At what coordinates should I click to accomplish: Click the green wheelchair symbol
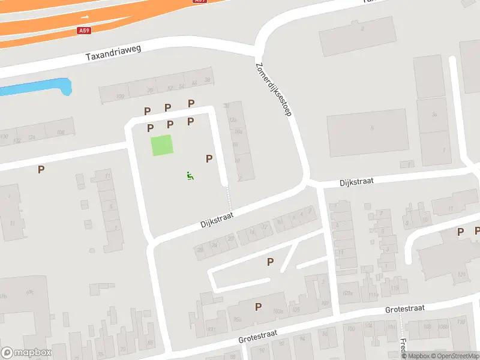190,176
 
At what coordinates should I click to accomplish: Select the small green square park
161,146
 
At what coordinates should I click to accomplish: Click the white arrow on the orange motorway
85,17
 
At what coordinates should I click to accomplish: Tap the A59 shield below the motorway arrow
85,30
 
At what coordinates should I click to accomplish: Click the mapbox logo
26,353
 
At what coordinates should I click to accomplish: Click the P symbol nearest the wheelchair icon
209,159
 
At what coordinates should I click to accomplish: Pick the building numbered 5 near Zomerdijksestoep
372,127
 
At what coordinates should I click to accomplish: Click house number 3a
433,113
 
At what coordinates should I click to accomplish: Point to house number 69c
29,293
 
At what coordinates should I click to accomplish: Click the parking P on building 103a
258,307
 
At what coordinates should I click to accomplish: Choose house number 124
461,275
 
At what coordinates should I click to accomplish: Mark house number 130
4,137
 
